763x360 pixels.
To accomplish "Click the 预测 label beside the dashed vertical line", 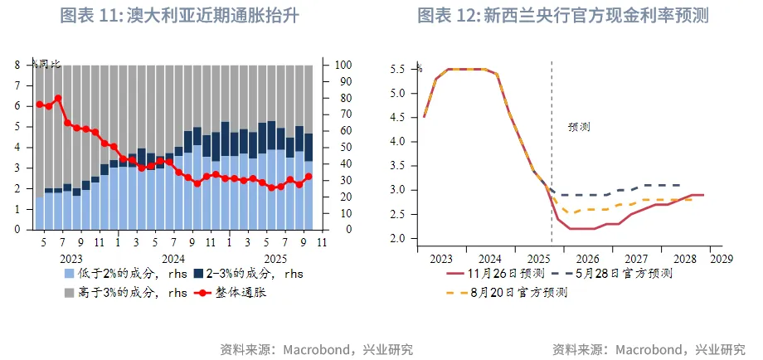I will pyautogui.click(x=578, y=127).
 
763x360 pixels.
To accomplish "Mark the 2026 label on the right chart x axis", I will pyautogui.click(x=587, y=258).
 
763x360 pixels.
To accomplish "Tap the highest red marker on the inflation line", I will pyautogui.click(x=58, y=98).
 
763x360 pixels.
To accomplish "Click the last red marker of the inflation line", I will pyautogui.click(x=309, y=176).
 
